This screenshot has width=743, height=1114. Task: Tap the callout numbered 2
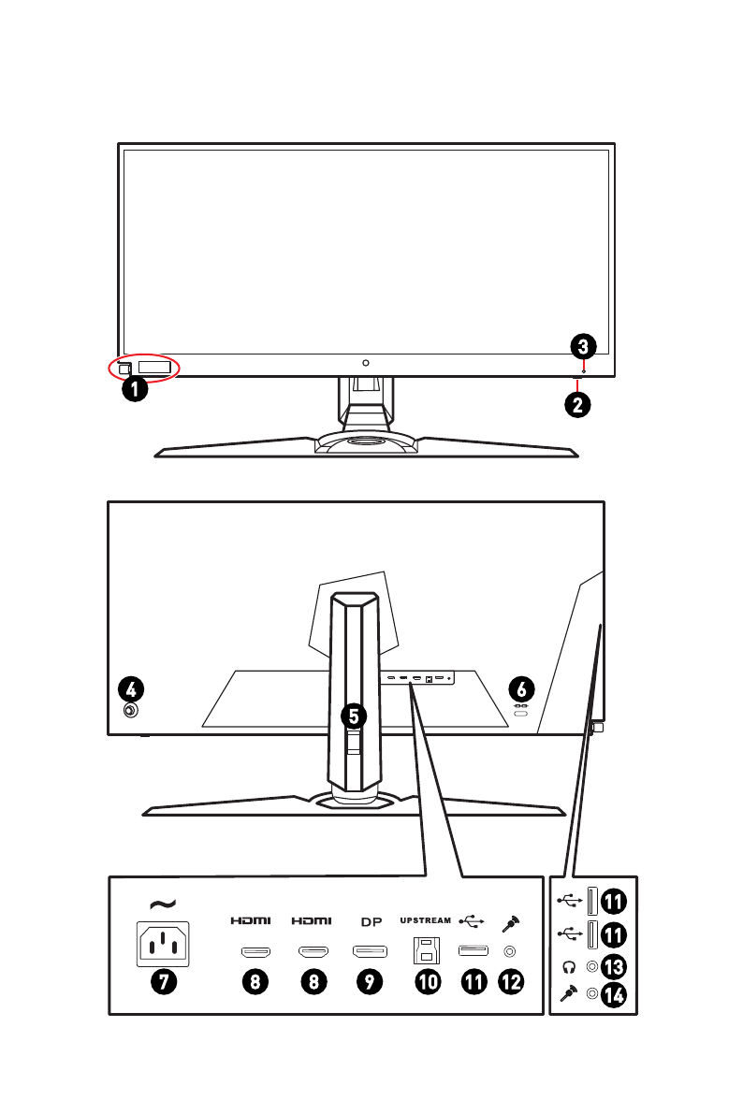tap(578, 405)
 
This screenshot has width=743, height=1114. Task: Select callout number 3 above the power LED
tap(582, 347)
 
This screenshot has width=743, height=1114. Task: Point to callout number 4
tap(132, 689)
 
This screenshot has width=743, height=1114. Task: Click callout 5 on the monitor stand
tap(353, 716)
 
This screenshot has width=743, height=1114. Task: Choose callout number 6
tap(521, 689)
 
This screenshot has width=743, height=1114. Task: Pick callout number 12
tap(512, 982)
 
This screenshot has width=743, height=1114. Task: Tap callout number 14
tap(613, 997)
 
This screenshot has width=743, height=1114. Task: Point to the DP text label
tap(371, 920)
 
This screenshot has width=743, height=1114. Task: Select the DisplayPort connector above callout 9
tap(371, 953)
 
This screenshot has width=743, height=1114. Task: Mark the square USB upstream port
tap(427, 952)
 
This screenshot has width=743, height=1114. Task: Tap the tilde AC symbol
tap(162, 904)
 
